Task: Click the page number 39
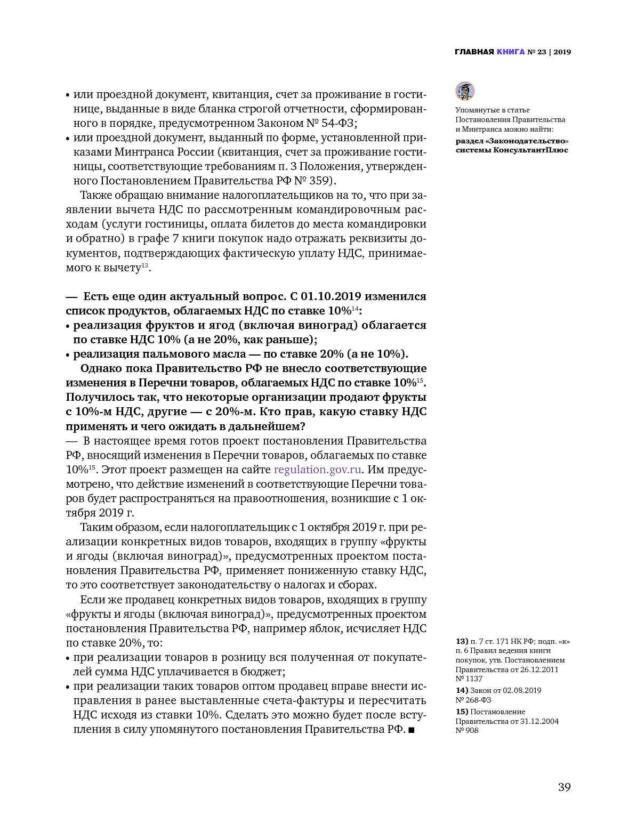click(x=564, y=787)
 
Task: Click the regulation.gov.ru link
click(x=318, y=470)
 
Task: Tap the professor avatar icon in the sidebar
click(x=465, y=91)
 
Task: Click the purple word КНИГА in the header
click(x=510, y=52)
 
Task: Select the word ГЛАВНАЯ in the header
click(x=474, y=52)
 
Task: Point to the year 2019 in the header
click(x=562, y=52)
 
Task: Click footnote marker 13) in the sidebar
click(x=462, y=641)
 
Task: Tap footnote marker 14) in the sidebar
click(x=462, y=690)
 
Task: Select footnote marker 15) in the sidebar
click(x=462, y=712)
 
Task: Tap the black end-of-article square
click(x=411, y=730)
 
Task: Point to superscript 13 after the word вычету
click(x=144, y=265)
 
